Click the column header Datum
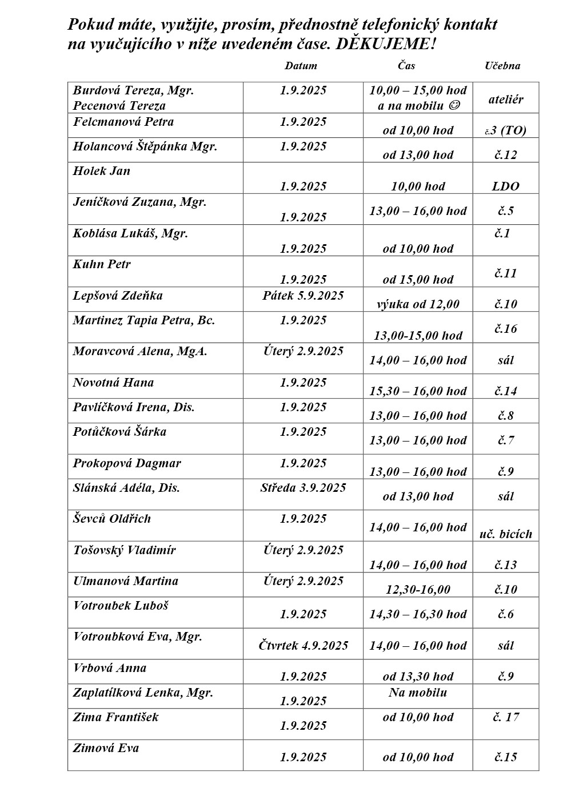pos(301,66)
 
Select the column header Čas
pos(406,66)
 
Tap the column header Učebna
pos(502,66)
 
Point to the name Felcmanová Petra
pos(123,122)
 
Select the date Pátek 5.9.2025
pos(303,296)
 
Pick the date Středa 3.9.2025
pos(303,488)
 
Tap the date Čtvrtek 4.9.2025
pos(303,646)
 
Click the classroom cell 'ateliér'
pos(506,100)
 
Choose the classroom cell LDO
pos(506,186)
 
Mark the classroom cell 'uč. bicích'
pos(506,534)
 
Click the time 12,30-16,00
pos(418,590)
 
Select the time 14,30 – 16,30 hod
pos(418,614)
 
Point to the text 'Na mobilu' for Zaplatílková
pos(418,693)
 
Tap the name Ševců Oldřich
pos(112,519)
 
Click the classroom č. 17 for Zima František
pos(506,717)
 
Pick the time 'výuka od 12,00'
pos(418,304)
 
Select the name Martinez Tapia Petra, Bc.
pos(143,320)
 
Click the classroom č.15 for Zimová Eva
pos(506,757)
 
